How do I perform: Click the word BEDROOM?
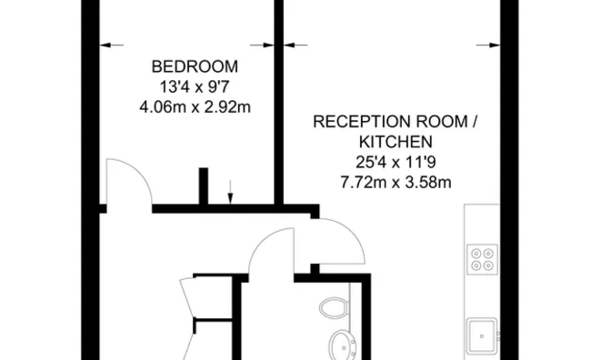195,66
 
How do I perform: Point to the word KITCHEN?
395,142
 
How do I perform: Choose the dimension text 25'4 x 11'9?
395,162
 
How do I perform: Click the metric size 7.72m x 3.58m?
395,182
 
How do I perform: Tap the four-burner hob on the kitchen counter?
481,259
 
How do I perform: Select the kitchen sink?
481,335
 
